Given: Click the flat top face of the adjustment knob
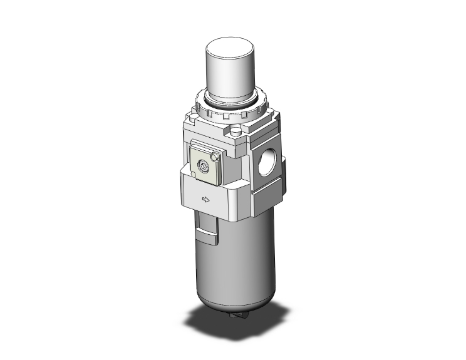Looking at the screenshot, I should (230, 46).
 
